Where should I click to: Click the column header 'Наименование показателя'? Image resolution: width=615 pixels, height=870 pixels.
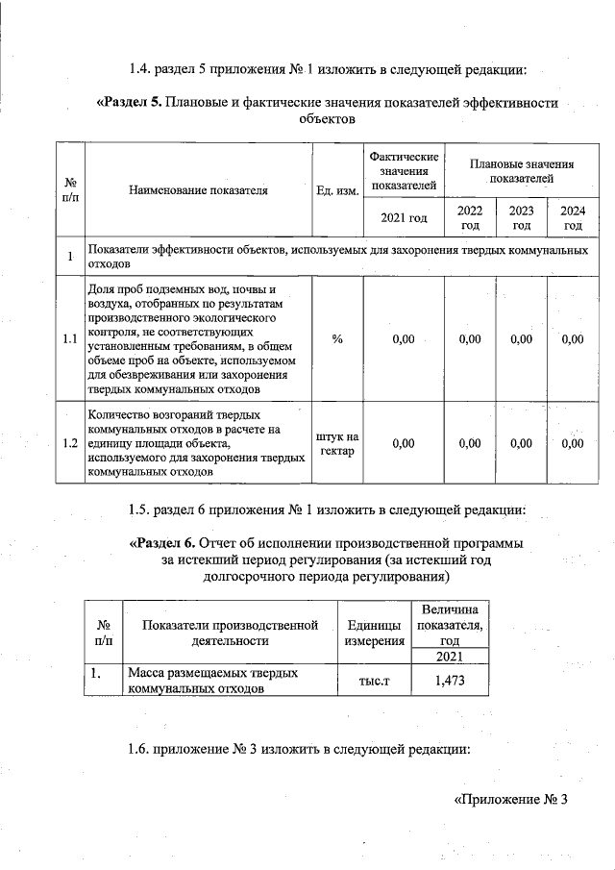click(198, 190)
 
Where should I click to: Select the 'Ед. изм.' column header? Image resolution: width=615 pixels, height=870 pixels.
click(337, 190)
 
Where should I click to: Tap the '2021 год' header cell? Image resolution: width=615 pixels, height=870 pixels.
click(404, 218)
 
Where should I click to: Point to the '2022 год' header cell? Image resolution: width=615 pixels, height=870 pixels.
click(470, 217)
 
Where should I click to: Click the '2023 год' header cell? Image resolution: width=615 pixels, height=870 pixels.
click(521, 217)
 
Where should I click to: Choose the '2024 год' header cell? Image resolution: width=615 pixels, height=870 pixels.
click(573, 217)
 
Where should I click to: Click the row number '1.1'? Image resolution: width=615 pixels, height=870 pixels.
click(69, 338)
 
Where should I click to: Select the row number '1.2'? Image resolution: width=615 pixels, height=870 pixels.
click(69, 443)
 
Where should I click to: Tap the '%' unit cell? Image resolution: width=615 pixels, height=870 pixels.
click(337, 338)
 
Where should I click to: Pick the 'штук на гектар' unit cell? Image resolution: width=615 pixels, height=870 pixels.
click(337, 443)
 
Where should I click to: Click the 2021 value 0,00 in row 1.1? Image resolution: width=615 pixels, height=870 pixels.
click(404, 338)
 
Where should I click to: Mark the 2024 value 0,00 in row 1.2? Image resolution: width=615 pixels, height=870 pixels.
click(573, 443)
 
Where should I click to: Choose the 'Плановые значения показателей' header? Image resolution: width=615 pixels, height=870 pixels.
click(521, 172)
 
